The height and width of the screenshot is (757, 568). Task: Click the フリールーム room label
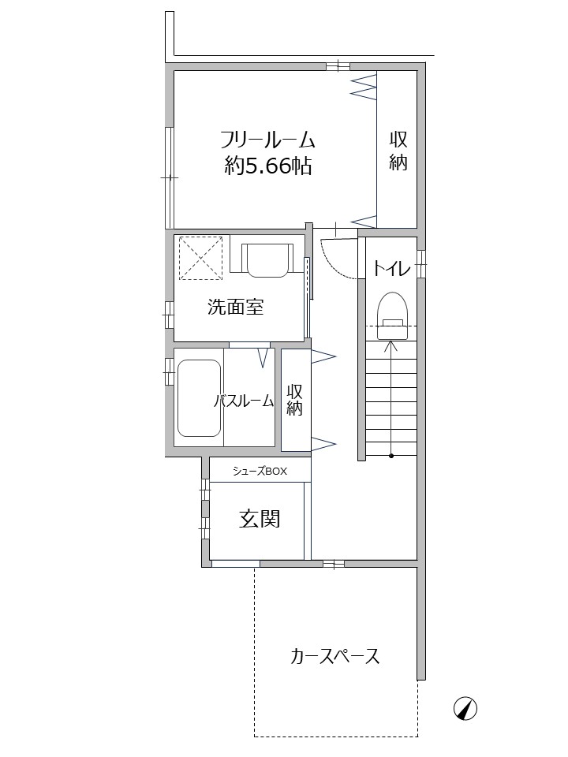tap(267, 140)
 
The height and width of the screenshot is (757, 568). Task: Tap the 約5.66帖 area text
tap(267, 166)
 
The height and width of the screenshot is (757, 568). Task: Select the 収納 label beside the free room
tap(398, 151)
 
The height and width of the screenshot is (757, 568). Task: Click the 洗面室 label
tap(235, 307)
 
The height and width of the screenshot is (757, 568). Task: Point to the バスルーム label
tap(244, 401)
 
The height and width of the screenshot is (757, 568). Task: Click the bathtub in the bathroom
tap(199, 398)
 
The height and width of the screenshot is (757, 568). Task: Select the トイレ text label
tap(391, 268)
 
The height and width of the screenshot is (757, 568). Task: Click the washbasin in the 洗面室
tap(267, 259)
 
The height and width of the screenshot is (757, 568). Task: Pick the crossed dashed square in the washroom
tap(201, 258)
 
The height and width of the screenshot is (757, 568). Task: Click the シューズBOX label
tap(260, 472)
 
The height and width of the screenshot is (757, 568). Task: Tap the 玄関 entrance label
tap(260, 519)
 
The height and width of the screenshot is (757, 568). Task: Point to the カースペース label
tap(334, 656)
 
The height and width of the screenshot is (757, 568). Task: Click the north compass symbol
tap(465, 709)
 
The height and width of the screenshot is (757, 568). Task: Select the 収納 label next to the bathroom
tap(294, 400)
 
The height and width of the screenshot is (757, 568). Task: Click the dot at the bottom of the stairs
tap(390, 455)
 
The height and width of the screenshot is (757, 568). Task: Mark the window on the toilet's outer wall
tap(421, 264)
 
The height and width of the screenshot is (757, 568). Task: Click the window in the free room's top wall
tap(338, 66)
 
